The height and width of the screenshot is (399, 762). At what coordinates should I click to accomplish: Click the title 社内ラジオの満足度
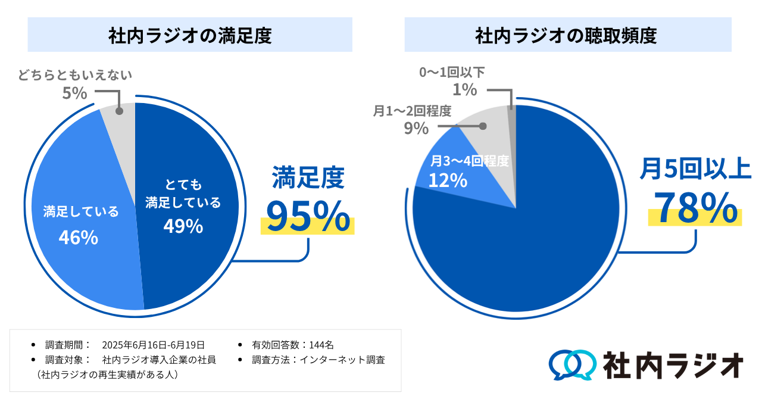(190, 36)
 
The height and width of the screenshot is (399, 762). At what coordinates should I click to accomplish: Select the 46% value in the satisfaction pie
(78, 237)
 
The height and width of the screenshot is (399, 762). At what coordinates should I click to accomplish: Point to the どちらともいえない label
(74, 75)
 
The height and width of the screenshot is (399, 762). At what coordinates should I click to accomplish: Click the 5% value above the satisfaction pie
(75, 93)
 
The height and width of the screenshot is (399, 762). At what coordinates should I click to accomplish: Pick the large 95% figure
(307, 216)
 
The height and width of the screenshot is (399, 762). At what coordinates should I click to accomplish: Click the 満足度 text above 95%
(308, 177)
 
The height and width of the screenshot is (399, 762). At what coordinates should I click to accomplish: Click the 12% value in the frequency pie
(448, 179)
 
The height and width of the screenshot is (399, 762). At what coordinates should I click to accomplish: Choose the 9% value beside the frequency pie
(416, 128)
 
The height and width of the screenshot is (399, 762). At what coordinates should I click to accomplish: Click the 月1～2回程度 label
(412, 111)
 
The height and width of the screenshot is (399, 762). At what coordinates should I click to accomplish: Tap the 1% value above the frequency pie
(464, 90)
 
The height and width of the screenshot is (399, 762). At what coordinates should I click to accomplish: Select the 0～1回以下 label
(452, 73)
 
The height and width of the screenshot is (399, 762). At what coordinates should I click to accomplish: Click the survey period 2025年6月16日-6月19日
(154, 345)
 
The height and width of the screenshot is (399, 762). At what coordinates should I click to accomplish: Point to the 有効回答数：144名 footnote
(293, 345)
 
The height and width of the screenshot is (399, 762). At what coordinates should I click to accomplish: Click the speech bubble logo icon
(571, 364)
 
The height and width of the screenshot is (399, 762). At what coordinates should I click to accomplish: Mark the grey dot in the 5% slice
(119, 111)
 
